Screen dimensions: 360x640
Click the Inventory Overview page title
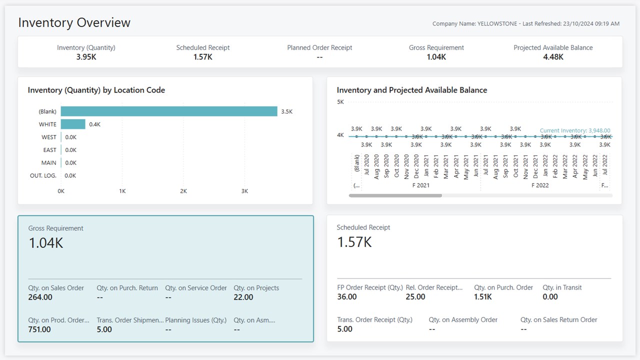74,23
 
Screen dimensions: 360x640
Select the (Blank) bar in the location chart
169,111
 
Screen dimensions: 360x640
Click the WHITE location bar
73,124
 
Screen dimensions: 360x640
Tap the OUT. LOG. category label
43,175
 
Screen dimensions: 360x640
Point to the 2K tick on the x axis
183,191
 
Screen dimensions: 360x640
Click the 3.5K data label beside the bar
286,111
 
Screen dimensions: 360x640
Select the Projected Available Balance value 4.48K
553,57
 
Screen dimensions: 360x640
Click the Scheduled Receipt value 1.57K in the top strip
203,57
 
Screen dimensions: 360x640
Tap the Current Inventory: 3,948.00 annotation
575,130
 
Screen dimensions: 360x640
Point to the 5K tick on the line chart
340,102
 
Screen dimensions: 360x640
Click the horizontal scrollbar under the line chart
395,195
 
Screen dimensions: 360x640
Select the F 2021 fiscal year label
420,185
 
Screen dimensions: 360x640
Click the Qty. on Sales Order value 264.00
40,297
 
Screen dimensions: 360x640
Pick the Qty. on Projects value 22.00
243,297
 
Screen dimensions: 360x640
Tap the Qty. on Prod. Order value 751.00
39,329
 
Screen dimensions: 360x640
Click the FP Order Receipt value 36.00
347,297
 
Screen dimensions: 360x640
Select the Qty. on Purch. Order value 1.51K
483,297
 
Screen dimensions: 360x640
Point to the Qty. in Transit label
562,287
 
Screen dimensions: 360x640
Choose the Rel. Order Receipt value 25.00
415,297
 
